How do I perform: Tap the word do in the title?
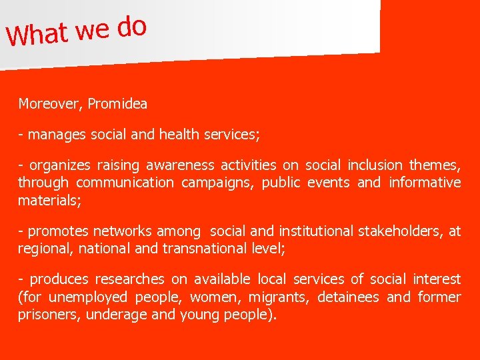(131, 27)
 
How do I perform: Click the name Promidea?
(117, 104)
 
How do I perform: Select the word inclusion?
(375, 165)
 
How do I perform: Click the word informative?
(425, 183)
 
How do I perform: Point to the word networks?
(123, 231)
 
